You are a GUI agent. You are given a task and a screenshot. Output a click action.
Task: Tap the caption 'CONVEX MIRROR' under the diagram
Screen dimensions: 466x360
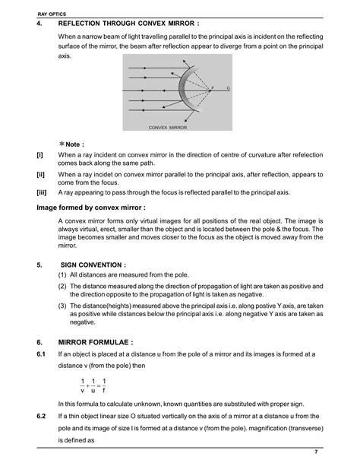(168, 128)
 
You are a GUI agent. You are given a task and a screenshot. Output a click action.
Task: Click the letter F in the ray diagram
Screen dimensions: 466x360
(212, 90)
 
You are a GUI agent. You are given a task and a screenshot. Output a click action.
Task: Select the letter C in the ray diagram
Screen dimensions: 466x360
(228, 90)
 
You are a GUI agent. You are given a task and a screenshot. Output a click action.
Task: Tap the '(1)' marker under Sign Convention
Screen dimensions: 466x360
(63, 274)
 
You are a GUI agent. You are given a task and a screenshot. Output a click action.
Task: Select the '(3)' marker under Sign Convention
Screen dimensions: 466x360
(63, 306)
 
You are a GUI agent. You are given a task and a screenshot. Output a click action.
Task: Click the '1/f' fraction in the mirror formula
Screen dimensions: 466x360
(104, 385)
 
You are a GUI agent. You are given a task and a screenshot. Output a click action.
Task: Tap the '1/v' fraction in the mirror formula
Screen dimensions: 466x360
(82, 385)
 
